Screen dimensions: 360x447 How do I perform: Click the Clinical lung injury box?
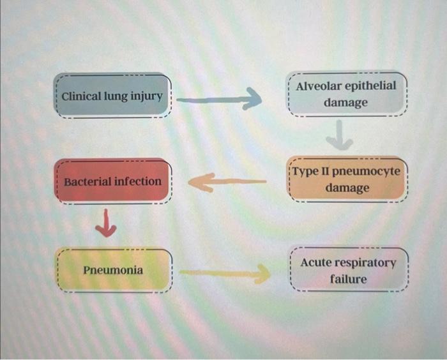point(112,96)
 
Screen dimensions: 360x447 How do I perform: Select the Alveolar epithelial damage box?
point(345,94)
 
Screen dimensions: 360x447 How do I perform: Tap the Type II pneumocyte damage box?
point(347,180)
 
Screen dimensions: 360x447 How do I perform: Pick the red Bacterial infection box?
point(113,181)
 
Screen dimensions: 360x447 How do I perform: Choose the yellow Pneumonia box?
point(113,271)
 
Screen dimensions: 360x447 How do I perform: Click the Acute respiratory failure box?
point(349,271)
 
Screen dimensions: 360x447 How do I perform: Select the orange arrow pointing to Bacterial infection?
point(227,183)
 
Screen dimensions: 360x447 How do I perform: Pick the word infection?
point(137,181)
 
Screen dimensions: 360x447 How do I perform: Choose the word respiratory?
point(366,262)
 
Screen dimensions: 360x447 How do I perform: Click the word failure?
point(348,280)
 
